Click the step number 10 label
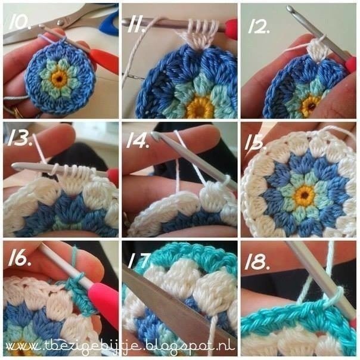(x=19, y=22)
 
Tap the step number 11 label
(x=136, y=25)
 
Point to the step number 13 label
(x=19, y=139)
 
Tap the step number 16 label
(x=19, y=259)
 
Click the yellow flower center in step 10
(x=60, y=79)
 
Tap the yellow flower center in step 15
(x=305, y=195)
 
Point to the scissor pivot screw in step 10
(x=61, y=22)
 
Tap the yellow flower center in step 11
(x=199, y=107)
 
